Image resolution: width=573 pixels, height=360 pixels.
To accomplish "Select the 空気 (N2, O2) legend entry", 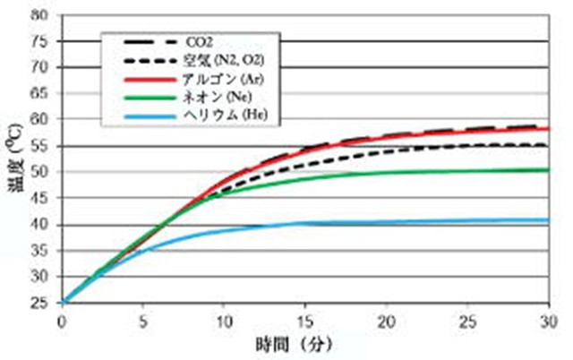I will click(218, 60).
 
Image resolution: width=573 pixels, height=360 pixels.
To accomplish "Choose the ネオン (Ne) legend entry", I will click(209, 98).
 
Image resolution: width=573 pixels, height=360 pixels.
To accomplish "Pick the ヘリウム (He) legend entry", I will click(212, 116).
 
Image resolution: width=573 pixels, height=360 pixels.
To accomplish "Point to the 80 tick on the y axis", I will click(39, 15).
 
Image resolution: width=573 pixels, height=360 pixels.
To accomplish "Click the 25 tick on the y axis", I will click(39, 302).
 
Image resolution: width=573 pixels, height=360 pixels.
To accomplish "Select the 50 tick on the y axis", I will click(39, 172).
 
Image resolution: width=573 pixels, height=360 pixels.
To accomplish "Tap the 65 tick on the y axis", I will click(39, 93).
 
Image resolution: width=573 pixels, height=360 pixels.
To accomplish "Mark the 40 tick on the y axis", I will click(39, 224).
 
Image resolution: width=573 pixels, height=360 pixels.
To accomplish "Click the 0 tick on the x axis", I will click(61, 319).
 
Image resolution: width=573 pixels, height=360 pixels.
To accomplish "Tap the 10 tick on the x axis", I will click(223, 319).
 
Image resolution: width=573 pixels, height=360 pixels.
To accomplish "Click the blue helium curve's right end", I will click(546, 220).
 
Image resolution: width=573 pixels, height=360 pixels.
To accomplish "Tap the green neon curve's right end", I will click(546, 170).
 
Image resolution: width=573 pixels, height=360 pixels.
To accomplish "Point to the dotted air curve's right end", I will click(546, 145).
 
